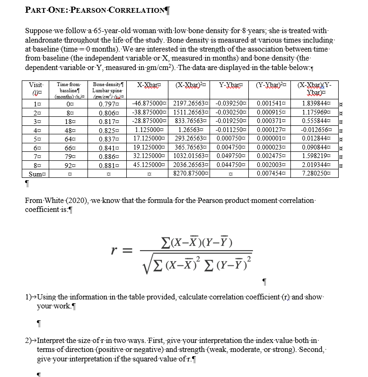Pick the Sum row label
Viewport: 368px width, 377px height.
[x=35, y=174]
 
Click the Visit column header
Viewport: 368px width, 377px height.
[x=35, y=85]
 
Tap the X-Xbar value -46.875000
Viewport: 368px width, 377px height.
[x=149, y=103]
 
